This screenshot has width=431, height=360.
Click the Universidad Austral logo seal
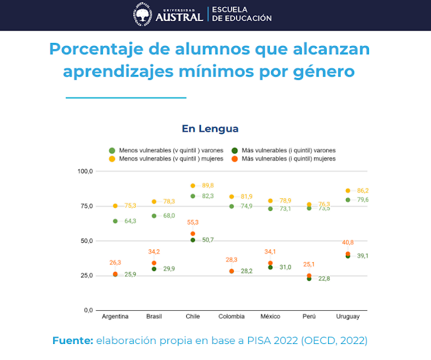[x=143, y=15]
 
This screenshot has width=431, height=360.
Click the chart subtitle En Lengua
[x=210, y=129]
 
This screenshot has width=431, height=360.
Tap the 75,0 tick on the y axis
[x=85, y=206]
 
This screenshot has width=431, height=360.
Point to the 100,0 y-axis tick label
[x=84, y=171]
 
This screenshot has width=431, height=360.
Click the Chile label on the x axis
[x=192, y=317]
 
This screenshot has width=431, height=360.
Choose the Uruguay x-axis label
[x=348, y=317]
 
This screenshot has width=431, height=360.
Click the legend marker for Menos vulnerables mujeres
[x=111, y=159]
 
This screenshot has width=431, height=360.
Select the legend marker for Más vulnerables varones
[x=235, y=149]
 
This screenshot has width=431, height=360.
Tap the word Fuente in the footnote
[x=72, y=341]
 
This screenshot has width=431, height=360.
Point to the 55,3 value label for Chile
[x=192, y=222]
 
